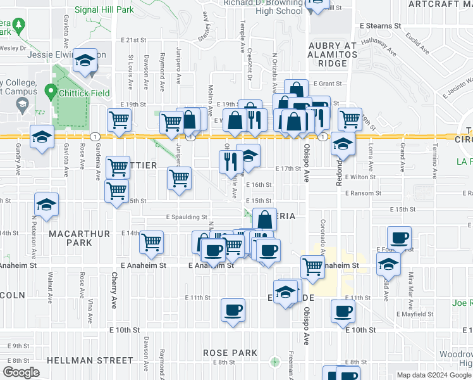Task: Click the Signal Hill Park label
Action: pos(105,10)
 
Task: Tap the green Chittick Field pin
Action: pos(51,93)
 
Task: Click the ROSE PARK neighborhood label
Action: pos(230,353)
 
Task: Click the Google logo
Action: pos(21,372)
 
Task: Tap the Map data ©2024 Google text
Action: pos(433,375)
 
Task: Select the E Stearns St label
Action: pos(380,27)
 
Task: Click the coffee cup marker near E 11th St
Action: pos(233,310)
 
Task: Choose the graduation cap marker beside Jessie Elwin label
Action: pos(84,61)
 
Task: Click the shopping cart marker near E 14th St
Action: pos(151,243)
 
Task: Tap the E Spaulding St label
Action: pos(187,217)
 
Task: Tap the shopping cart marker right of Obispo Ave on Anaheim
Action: pos(312,267)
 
